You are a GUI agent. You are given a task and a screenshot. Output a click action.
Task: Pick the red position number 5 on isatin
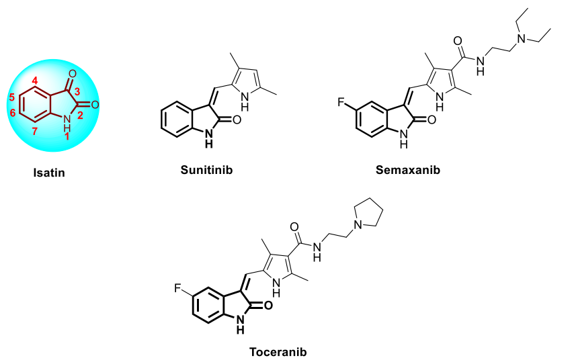click(11, 96)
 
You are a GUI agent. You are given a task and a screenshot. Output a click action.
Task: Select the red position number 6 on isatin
click(11, 113)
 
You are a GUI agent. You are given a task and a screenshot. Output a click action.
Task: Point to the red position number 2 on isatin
click(78, 114)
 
